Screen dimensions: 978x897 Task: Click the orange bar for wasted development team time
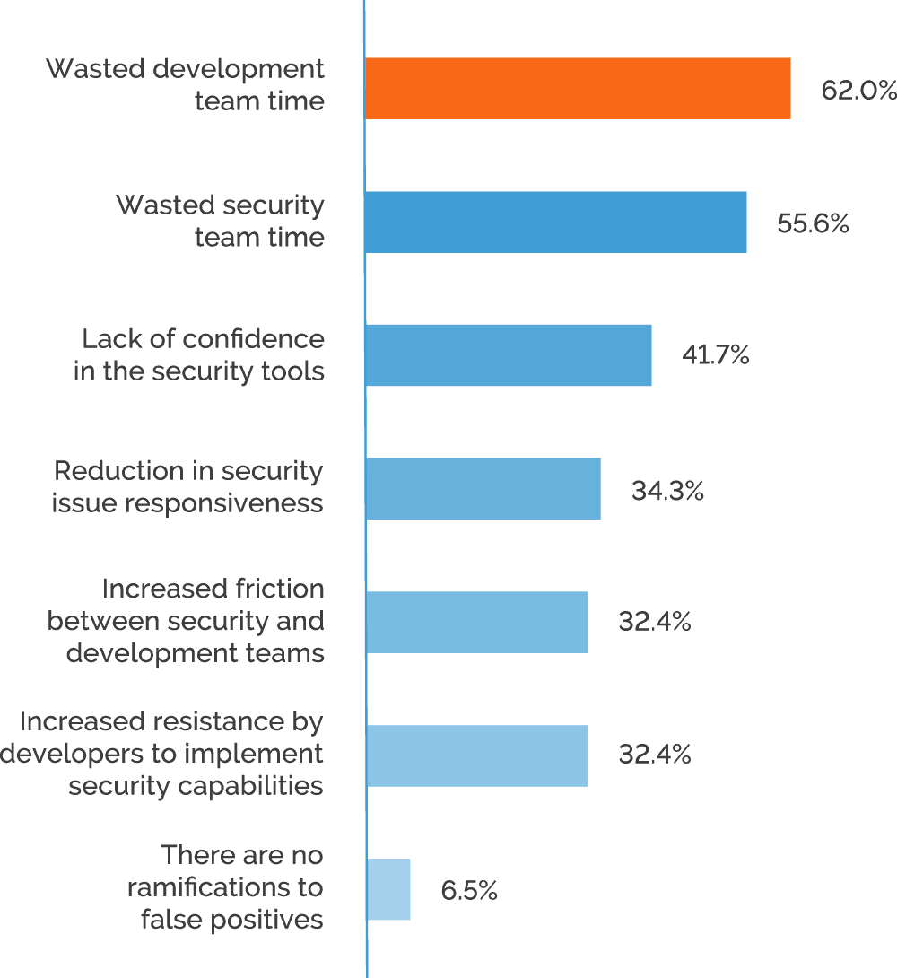(578, 89)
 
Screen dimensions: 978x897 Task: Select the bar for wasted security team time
(556, 222)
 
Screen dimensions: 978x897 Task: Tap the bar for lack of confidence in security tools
(509, 355)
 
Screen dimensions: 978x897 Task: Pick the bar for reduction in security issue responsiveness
(483, 488)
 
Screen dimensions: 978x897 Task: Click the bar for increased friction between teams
(476, 622)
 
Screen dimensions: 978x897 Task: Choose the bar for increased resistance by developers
(476, 755)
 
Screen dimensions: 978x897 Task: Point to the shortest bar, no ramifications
(388, 888)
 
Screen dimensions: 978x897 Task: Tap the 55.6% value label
(814, 223)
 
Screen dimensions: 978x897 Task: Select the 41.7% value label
(713, 356)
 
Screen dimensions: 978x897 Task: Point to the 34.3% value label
(667, 490)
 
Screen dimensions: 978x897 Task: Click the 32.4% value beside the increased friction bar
(655, 623)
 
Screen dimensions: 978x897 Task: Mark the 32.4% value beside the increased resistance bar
(655, 755)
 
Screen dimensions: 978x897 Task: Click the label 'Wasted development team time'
(186, 84)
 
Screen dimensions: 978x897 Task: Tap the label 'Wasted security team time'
(221, 221)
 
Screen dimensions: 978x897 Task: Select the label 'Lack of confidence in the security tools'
(200, 354)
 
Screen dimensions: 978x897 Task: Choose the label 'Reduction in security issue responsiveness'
(187, 487)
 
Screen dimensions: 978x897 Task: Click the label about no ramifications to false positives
(225, 886)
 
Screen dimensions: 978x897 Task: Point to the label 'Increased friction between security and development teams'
(187, 621)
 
